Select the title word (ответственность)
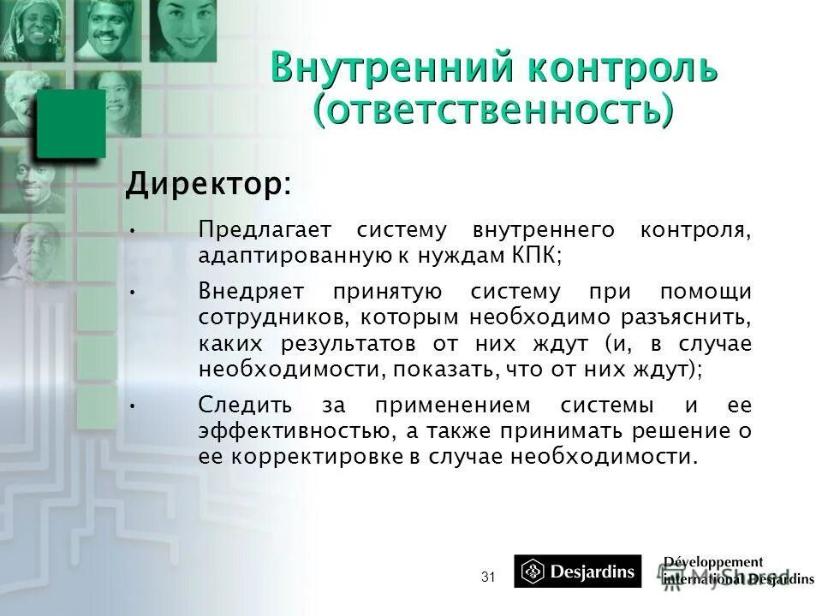click(x=492, y=111)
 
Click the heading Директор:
click(x=208, y=183)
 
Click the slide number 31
click(x=488, y=577)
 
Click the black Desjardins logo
click(x=577, y=572)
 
